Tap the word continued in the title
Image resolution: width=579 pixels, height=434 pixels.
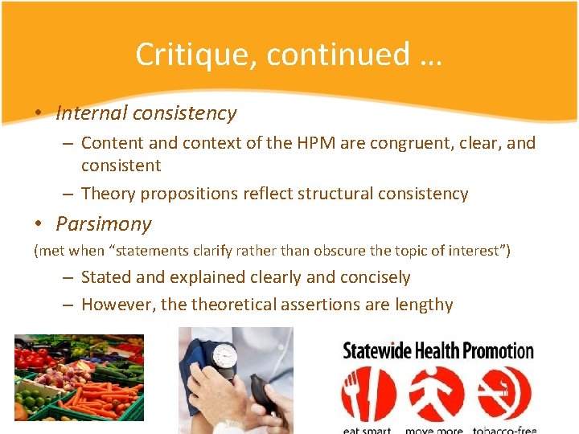338,54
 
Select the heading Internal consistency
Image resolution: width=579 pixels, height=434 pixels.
146,113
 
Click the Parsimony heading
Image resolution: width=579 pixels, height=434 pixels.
104,223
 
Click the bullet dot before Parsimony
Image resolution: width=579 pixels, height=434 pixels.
39,223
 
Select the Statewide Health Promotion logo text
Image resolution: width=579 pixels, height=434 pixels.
438,350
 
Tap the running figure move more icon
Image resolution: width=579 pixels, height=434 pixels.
436,394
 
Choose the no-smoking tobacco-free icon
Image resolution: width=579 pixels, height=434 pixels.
504,394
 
